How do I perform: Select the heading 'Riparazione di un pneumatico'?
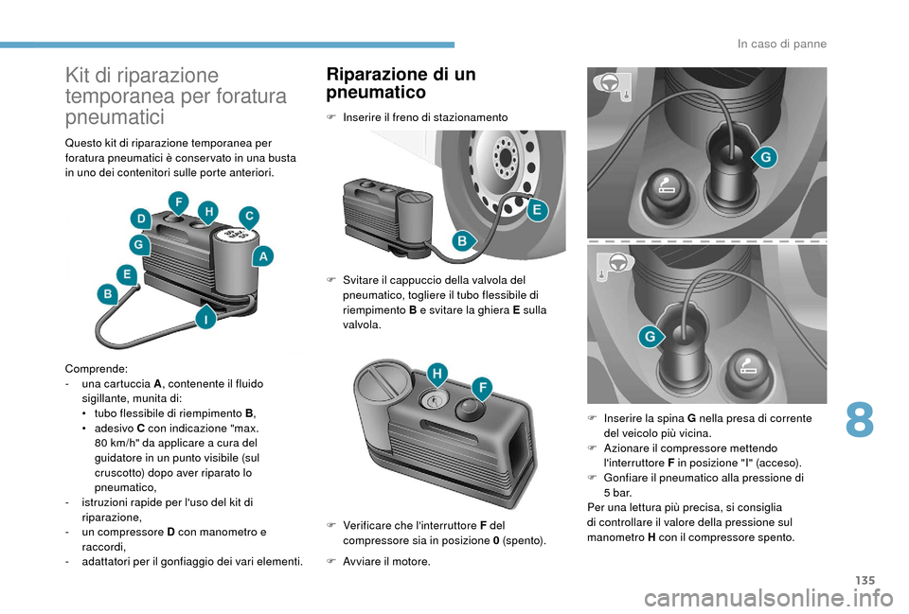[x=400, y=83]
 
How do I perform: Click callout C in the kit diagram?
[x=249, y=217]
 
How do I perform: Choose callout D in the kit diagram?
[x=141, y=219]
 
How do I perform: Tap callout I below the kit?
[x=203, y=319]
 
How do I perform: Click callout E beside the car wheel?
[x=535, y=211]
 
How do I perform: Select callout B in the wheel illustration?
[x=463, y=241]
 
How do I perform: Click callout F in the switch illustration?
[x=482, y=387]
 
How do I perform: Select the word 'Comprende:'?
[x=90, y=368]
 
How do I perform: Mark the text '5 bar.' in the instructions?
[x=618, y=493]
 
